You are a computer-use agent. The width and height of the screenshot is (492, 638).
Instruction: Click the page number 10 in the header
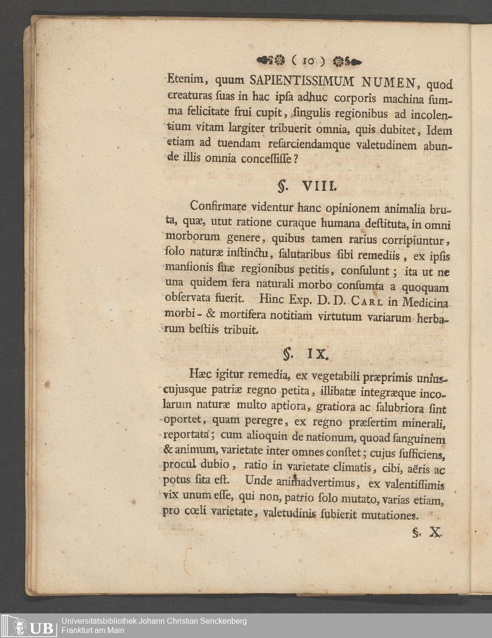click(308, 61)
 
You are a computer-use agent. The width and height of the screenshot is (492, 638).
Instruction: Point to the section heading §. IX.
click(306, 353)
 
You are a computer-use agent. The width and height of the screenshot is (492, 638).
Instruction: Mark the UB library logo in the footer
click(28, 626)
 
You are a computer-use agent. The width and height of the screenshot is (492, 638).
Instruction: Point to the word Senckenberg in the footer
click(220, 621)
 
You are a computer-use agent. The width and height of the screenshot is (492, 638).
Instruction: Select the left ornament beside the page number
click(271, 61)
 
